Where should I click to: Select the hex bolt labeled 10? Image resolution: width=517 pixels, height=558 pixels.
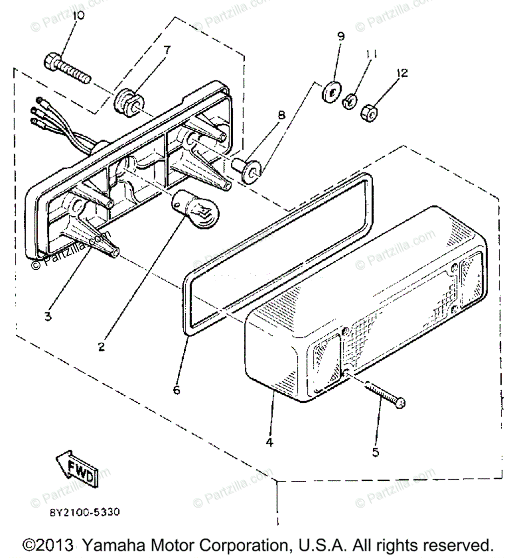[67, 69]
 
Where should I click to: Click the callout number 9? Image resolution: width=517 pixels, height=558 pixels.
[341, 36]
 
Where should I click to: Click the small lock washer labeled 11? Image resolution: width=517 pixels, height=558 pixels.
[349, 100]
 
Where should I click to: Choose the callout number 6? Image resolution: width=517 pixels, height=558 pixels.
[176, 390]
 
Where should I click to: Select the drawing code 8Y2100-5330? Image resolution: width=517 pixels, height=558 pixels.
[85, 512]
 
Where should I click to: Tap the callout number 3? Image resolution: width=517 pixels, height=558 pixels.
[48, 317]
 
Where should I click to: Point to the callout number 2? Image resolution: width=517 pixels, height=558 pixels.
[101, 346]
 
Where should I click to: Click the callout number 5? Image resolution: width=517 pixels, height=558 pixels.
[376, 452]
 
